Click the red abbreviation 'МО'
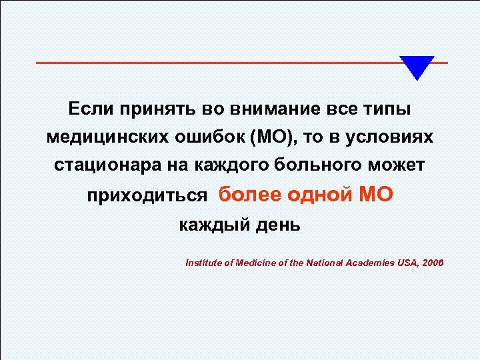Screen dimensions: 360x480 point(377,195)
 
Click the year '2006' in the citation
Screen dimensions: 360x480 point(430,263)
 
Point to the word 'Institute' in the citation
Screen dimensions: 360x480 point(204,263)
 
